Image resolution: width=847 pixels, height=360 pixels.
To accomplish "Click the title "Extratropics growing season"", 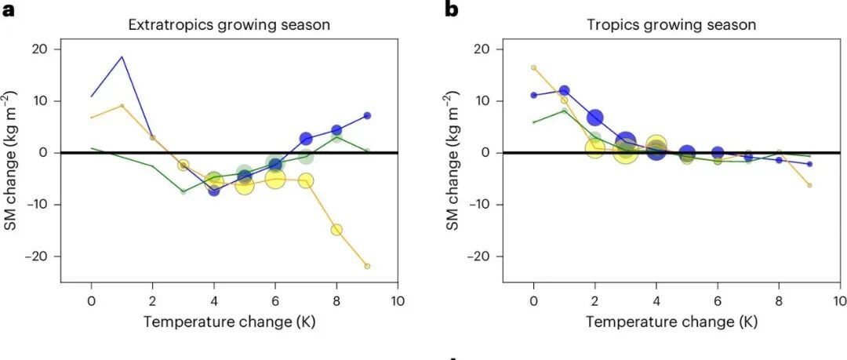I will pyautogui.click(x=229, y=25).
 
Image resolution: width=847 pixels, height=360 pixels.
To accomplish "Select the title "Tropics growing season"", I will pyautogui.click(x=671, y=25).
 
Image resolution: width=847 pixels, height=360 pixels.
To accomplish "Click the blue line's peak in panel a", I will pyautogui.click(x=122, y=56).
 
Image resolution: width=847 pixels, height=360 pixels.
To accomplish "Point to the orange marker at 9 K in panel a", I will pyautogui.click(x=367, y=267).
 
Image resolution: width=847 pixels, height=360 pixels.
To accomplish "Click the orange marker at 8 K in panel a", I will pyautogui.click(x=336, y=230).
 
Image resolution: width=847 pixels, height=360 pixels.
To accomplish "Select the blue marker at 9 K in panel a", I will pyautogui.click(x=367, y=115).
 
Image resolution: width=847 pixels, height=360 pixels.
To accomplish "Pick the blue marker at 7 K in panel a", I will pyautogui.click(x=306, y=139).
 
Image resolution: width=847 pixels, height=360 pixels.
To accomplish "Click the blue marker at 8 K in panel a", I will pyautogui.click(x=336, y=130).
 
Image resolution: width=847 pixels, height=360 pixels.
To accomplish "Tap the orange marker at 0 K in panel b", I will pyautogui.click(x=534, y=67).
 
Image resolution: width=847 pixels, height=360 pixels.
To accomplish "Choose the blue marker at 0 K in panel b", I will pyautogui.click(x=534, y=95).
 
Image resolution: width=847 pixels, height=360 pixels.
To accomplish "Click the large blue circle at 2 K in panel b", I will pyautogui.click(x=595, y=118).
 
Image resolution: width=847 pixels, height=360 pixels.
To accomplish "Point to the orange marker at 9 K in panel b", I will pyautogui.click(x=809, y=185).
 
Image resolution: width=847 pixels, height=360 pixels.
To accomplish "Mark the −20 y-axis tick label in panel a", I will pyautogui.click(x=36, y=256).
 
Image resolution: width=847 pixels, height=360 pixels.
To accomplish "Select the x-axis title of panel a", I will pyautogui.click(x=229, y=322).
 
